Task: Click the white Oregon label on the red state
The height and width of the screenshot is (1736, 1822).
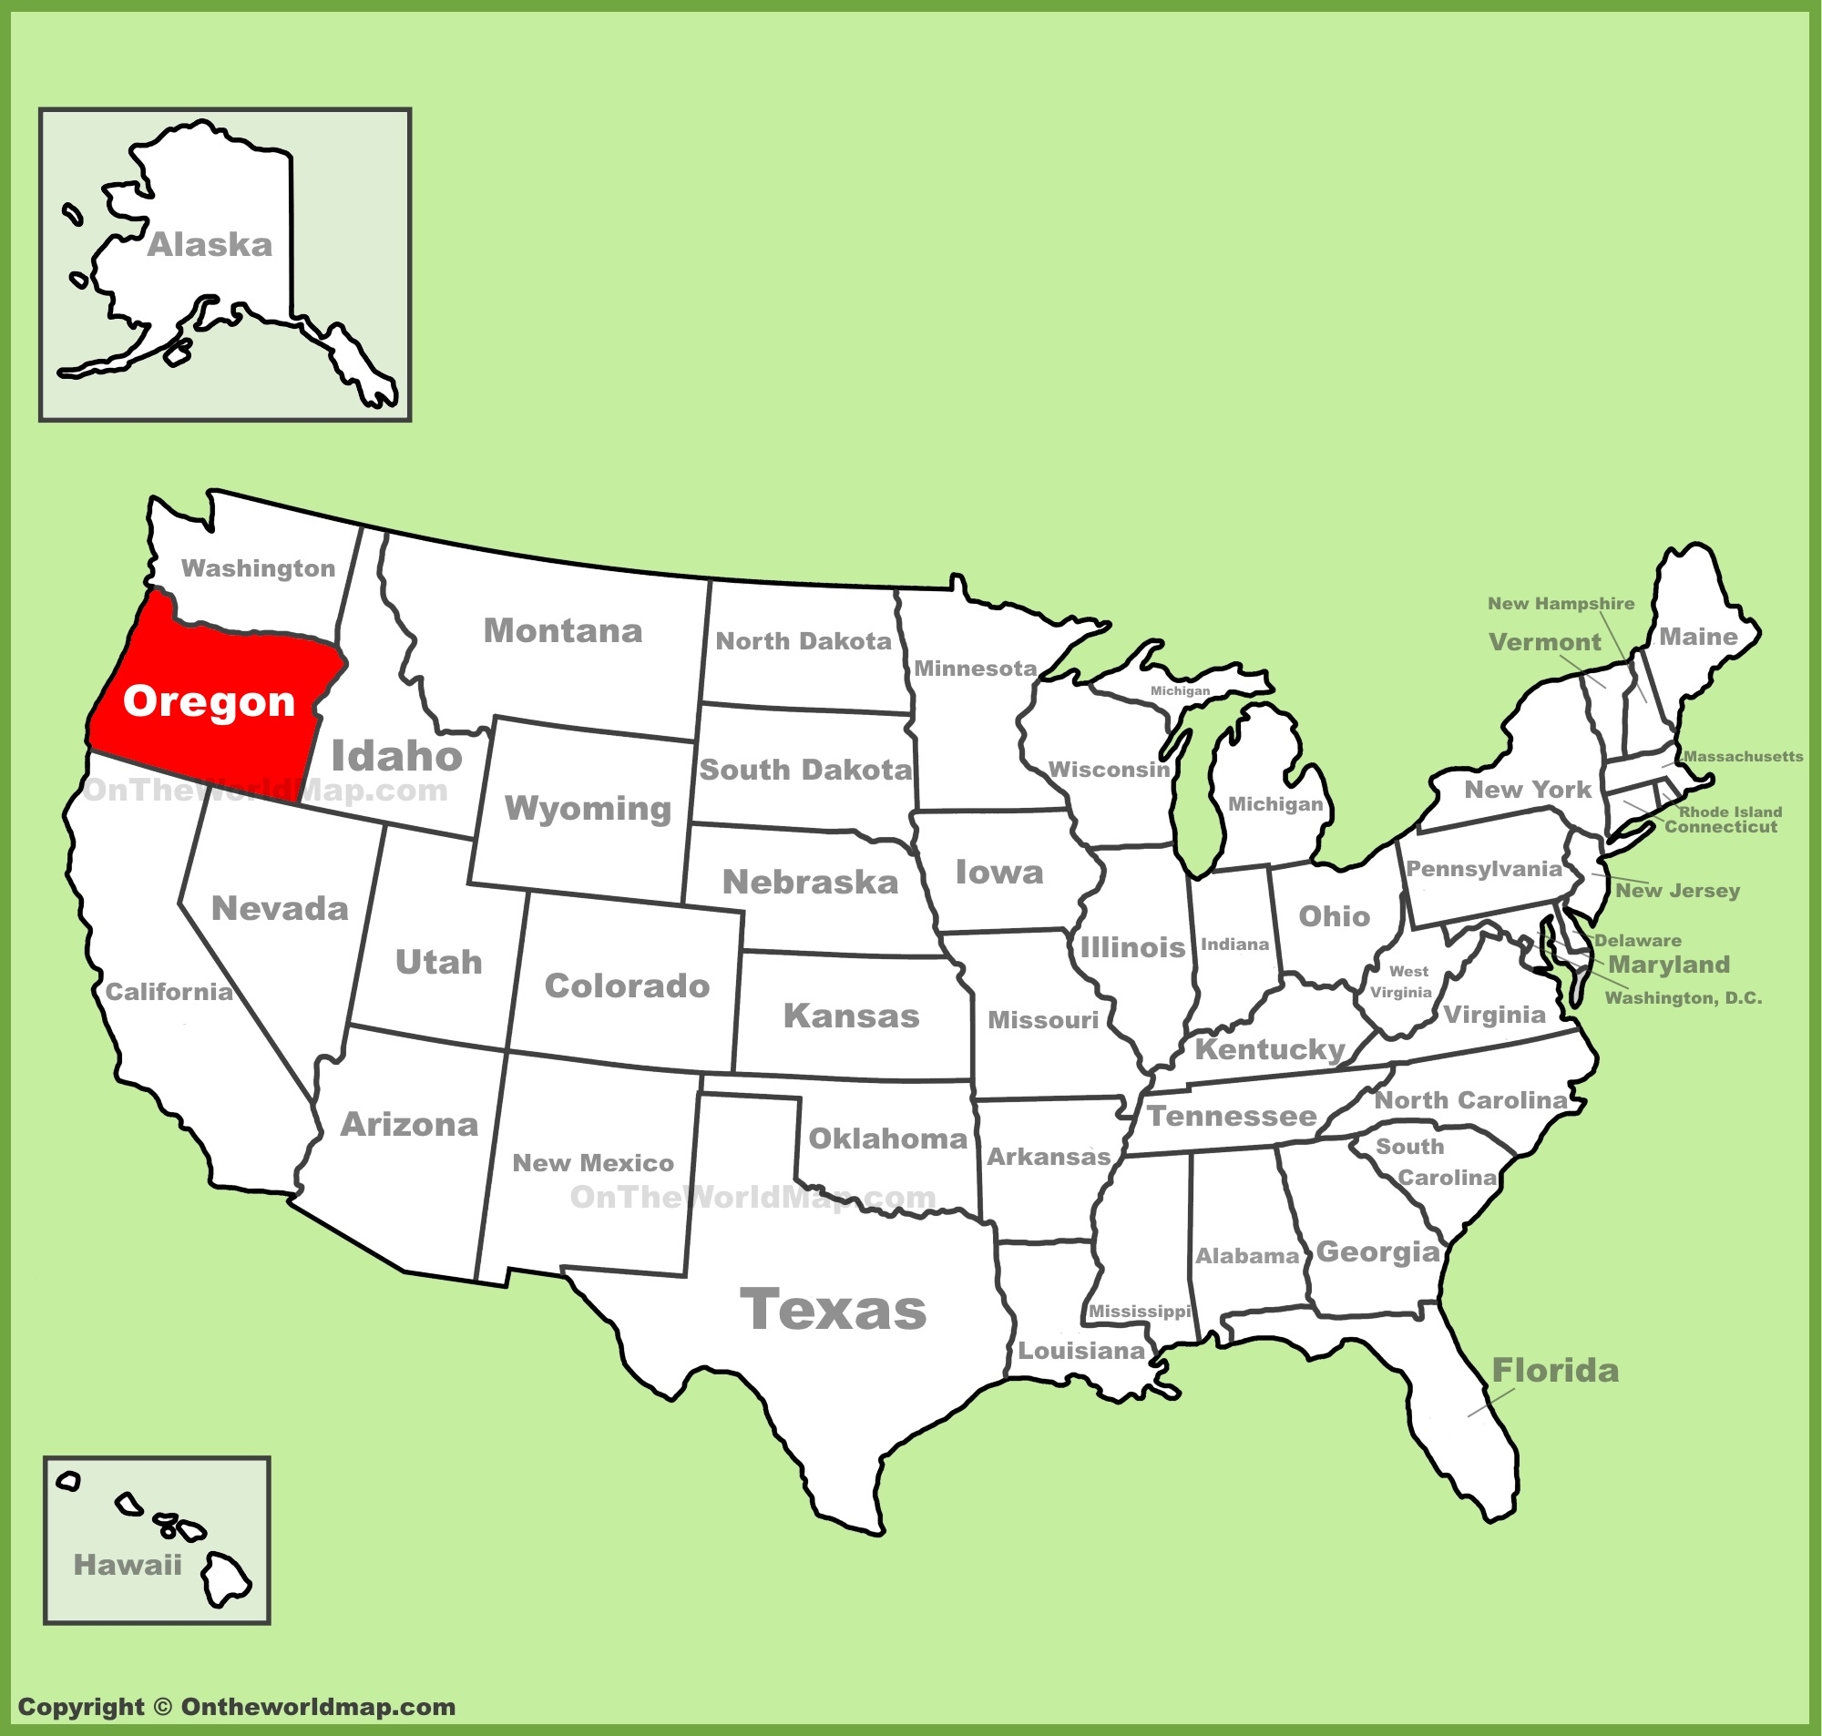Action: (210, 701)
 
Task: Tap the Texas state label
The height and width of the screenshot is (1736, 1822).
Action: (833, 1310)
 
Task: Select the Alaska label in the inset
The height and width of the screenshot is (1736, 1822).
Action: (210, 245)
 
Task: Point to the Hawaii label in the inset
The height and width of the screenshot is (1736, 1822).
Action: (128, 1565)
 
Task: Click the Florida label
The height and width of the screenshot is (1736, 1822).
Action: (1554, 1371)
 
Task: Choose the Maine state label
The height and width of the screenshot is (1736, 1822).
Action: (1698, 637)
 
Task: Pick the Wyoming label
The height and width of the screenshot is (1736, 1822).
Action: (588, 809)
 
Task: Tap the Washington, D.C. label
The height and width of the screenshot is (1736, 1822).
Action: (1684, 997)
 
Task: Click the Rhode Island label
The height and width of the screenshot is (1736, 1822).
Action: (1730, 812)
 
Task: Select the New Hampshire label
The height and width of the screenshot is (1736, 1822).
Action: (1561, 603)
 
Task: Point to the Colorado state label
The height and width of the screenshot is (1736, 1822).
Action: (627, 985)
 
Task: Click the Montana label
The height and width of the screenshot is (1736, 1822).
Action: (563, 631)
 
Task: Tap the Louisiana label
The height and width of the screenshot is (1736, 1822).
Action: (1080, 1351)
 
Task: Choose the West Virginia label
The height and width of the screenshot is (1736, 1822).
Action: (1403, 982)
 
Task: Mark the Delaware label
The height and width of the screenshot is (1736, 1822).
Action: (1638, 940)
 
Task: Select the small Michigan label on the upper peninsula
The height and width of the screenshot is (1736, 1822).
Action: (1180, 691)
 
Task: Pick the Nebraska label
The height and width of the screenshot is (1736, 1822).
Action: (810, 882)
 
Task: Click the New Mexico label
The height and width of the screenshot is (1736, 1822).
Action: (593, 1163)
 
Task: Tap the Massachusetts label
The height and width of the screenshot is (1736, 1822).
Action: (1744, 756)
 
